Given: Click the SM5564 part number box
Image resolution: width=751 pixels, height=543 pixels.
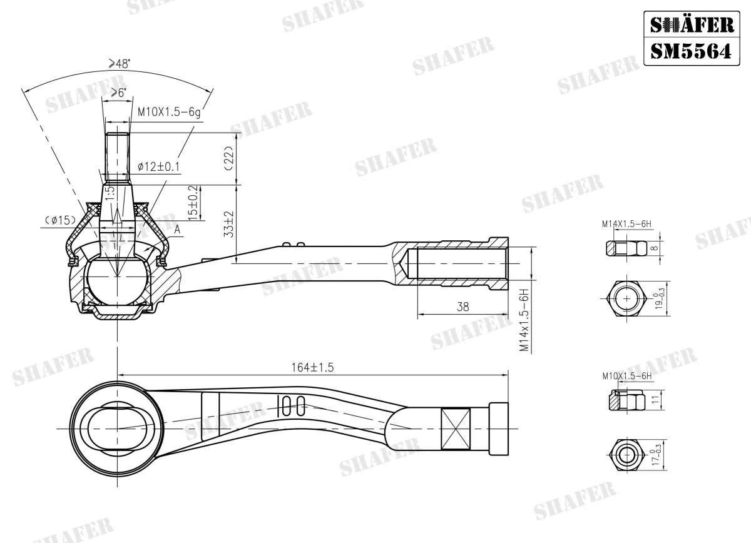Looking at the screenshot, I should (x=690, y=51).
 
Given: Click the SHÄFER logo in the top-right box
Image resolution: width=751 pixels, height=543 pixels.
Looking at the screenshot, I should (x=690, y=24).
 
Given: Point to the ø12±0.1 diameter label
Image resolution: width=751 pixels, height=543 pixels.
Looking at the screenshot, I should (x=157, y=166).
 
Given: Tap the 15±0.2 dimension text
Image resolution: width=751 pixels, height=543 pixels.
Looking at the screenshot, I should (x=193, y=202).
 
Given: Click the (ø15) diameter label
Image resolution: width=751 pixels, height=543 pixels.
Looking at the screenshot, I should (x=60, y=220).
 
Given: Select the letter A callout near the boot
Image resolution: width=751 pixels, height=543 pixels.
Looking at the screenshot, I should (x=178, y=230).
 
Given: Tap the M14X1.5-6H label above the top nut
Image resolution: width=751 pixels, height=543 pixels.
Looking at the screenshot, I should (x=626, y=223).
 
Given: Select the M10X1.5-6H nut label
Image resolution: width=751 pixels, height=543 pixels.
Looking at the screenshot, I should (x=626, y=376).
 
